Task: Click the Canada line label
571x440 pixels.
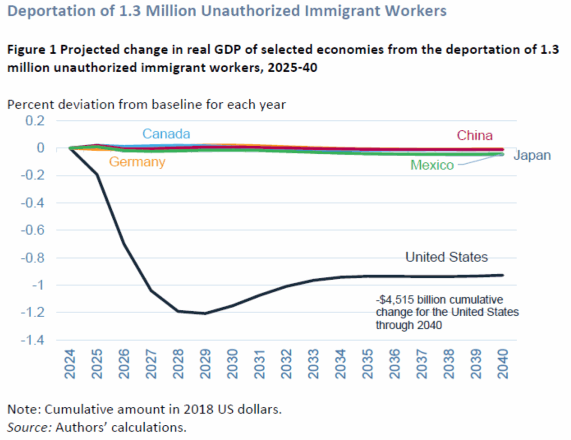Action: point(167,134)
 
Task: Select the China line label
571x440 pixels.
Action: point(474,136)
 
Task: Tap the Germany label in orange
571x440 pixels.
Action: point(137,162)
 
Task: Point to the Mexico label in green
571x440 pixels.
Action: point(432,165)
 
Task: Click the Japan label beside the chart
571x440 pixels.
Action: point(532,156)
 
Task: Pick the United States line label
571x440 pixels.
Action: point(446,257)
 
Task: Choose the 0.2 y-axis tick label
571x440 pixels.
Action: point(34,121)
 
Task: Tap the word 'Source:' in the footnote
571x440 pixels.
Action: point(29,427)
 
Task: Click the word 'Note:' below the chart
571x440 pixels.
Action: point(25,409)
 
